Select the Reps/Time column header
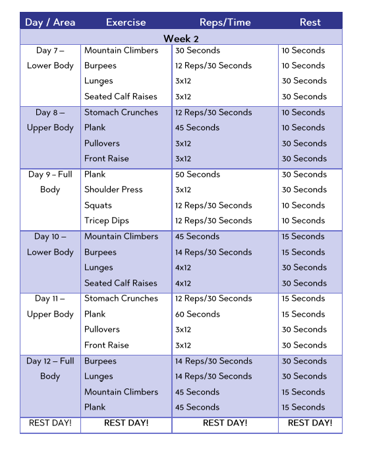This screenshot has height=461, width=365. pyautogui.click(x=225, y=22)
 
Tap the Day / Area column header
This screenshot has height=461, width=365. pyautogui.click(x=50, y=22)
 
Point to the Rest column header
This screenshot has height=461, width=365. pyautogui.click(x=310, y=22)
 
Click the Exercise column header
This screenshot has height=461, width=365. pyautogui.click(x=126, y=22)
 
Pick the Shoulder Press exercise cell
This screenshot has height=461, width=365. pyautogui.click(x=113, y=190)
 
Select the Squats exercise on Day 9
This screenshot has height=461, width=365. pyautogui.click(x=98, y=205)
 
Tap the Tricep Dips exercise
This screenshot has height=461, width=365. pyautogui.click(x=107, y=221)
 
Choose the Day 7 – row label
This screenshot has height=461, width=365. pyautogui.click(x=50, y=50)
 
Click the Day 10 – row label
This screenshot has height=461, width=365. pyautogui.click(x=50, y=236)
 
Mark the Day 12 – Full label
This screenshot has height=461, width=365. pyautogui.click(x=50, y=361)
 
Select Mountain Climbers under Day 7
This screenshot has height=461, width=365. pyautogui.click(x=121, y=50)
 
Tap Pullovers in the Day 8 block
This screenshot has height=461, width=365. pyautogui.click(x=102, y=143)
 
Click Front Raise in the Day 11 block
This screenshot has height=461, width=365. pyautogui.click(x=107, y=345)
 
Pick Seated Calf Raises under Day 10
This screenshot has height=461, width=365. pyautogui.click(x=121, y=283)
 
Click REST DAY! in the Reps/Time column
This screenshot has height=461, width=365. pyautogui.click(x=225, y=423)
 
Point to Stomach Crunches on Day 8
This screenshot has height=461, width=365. pyautogui.click(x=121, y=112)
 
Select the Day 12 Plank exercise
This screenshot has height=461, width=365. pyautogui.click(x=95, y=407)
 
